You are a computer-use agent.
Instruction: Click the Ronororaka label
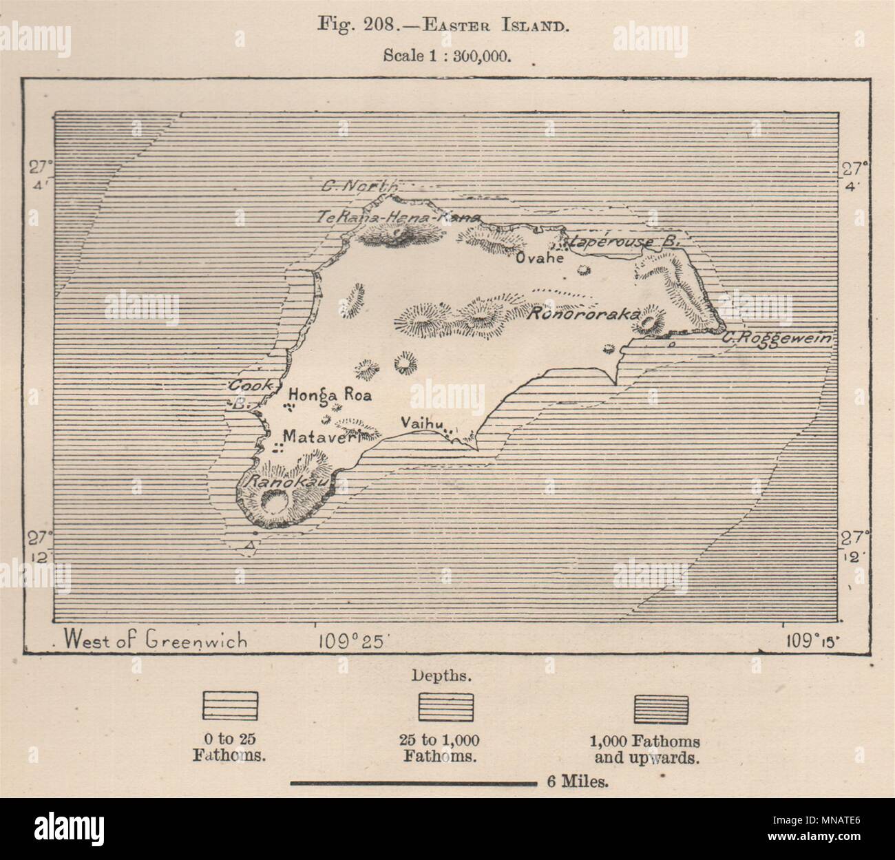coord(583,313)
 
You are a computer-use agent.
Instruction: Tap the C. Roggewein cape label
coord(777,338)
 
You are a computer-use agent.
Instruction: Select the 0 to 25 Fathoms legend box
coord(229,706)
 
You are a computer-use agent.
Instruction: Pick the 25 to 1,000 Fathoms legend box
coord(447,706)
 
